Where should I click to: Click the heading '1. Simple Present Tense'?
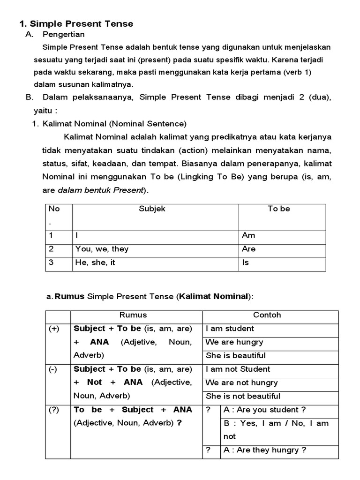coord(76,23)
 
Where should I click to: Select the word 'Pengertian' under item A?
coord(63,34)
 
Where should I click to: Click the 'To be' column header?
coord(279,209)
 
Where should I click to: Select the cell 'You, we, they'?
coord(102,249)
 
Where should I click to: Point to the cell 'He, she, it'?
coord(95,262)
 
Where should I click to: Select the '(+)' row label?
coord(54,329)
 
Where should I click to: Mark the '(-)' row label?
coord(53,369)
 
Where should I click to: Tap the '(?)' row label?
coord(54,410)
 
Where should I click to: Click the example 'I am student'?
coord(230,329)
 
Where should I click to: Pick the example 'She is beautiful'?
coord(235,355)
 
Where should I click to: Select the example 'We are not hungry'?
coord(241,382)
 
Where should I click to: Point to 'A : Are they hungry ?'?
coord(265,450)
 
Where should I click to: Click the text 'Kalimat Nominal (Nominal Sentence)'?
coord(114,124)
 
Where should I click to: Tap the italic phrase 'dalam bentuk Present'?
coord(101,191)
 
